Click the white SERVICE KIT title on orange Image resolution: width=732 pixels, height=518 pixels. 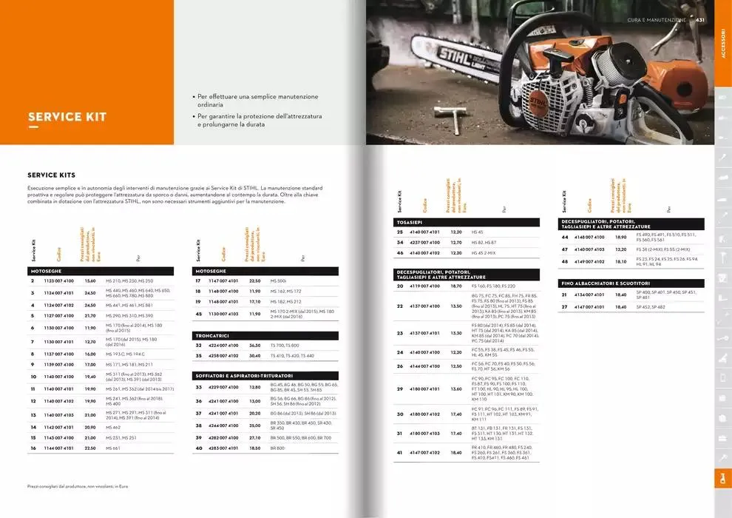67,117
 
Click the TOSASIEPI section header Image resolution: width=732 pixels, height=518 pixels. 411,222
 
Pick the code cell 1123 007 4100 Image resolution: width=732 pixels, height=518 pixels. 60,281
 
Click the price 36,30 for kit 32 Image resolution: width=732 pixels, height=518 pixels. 255,346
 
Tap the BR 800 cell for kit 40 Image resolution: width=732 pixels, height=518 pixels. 278,448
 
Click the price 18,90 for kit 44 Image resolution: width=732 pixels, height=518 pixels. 621,238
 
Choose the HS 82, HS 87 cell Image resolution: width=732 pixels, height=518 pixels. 484,242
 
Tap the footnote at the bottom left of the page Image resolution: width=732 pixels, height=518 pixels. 78,486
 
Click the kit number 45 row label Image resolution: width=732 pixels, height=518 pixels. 198,314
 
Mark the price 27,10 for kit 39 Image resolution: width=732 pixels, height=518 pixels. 255,438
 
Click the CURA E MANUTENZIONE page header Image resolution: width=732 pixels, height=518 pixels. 656,20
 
